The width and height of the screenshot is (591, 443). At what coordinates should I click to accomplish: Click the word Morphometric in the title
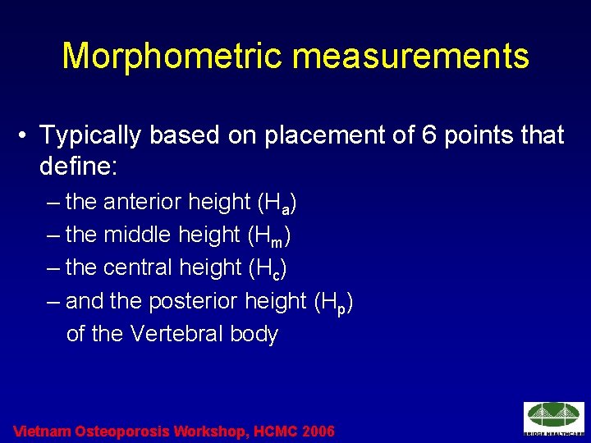click(172, 57)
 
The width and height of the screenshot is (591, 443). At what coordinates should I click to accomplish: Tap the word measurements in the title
click(411, 57)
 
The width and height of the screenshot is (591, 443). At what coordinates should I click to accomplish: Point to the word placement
click(314, 135)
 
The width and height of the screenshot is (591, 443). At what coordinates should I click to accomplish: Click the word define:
click(79, 168)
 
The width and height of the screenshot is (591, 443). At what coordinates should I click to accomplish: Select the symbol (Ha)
click(277, 203)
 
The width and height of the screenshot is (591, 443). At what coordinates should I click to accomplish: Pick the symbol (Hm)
click(269, 236)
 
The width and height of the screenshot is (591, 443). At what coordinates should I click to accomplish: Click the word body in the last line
click(254, 335)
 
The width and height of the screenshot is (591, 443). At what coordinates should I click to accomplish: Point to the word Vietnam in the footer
click(42, 432)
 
